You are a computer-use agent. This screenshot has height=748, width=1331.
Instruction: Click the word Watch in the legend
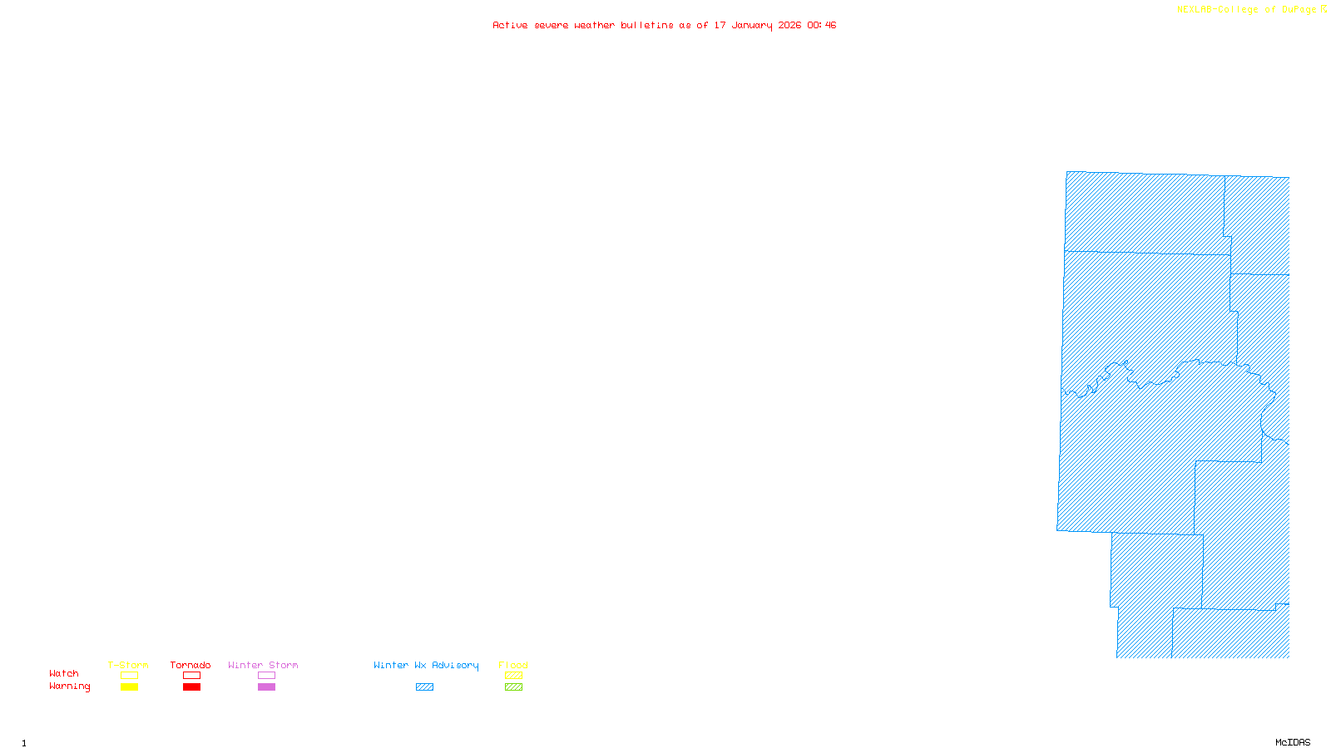pos(64,673)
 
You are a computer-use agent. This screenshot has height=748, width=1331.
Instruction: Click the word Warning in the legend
pos(69,686)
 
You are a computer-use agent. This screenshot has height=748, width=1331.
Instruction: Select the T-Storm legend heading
pos(128,665)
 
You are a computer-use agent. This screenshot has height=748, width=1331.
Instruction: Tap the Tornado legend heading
pos(190,665)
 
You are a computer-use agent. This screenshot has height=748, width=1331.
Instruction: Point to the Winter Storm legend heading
pos(263,665)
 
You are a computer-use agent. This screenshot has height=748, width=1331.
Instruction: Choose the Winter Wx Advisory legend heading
pos(426,665)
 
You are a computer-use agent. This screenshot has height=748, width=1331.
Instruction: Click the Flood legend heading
pos(513,665)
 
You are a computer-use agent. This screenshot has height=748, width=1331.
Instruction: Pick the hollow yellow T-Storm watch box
pos(129,676)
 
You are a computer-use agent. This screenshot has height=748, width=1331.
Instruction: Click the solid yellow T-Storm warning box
pos(129,687)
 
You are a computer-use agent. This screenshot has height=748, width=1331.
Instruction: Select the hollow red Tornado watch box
pos(191,676)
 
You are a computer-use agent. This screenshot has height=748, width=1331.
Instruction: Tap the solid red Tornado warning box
pos(191,687)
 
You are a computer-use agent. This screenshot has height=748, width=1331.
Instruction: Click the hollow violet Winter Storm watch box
pos(266,676)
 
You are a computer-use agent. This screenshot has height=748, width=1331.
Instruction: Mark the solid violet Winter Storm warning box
pos(266,687)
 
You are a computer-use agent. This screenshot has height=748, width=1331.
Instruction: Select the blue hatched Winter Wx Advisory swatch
pos(424,687)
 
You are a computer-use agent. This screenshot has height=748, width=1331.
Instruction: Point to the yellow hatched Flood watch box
pos(513,676)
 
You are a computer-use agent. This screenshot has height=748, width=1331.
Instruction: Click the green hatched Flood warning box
pos(513,687)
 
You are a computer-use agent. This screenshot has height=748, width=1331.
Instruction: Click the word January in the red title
pos(752,25)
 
